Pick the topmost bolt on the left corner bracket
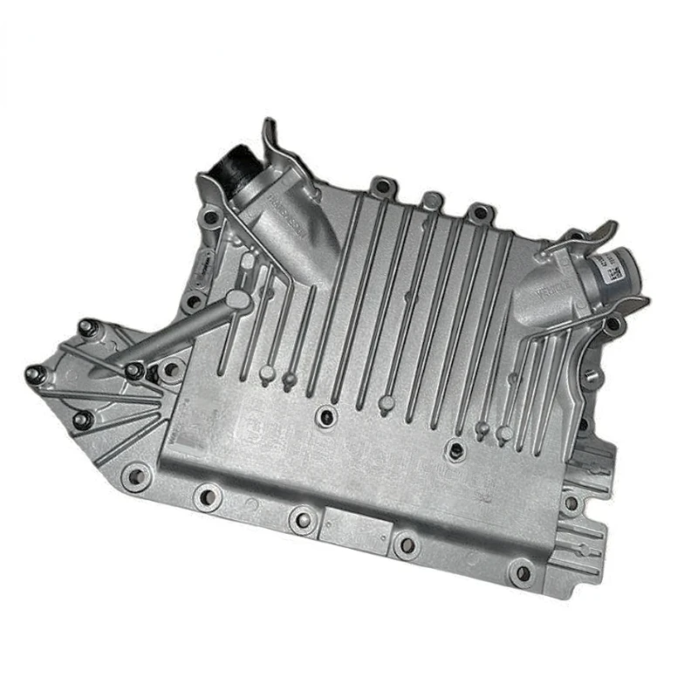(x=86, y=328)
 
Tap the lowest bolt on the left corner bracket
(x=84, y=420)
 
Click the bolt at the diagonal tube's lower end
(x=134, y=370)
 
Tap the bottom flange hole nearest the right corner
(x=522, y=573)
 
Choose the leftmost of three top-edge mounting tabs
(x=382, y=186)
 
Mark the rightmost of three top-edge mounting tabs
(x=479, y=211)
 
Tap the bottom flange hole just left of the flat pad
(x=301, y=520)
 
